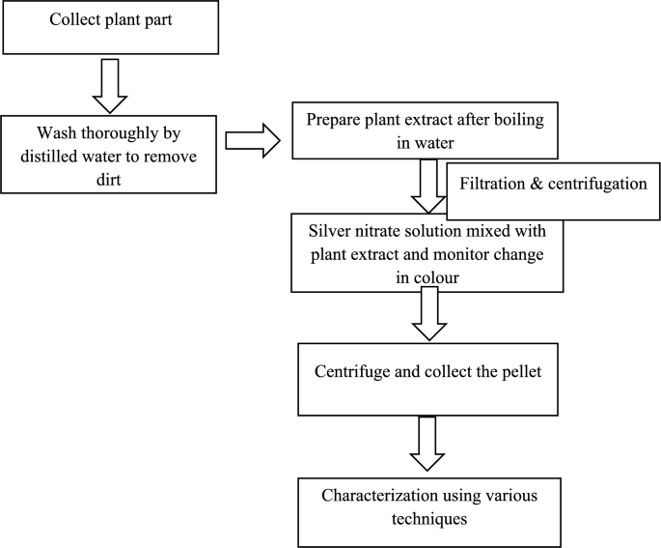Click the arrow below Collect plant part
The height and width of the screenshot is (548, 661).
coord(110,86)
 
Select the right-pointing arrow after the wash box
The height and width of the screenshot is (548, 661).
coord(253,140)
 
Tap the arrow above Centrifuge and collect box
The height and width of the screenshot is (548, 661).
coord(429,313)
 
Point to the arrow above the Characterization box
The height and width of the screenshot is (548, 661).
coord(427,444)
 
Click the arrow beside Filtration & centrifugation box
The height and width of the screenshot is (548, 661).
coord(428,186)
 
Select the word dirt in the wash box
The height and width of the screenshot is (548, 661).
coord(108,180)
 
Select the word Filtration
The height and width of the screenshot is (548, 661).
coord(492,184)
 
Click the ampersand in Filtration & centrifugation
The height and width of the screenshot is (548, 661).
coord(537,184)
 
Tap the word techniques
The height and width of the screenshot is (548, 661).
coord(429,519)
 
